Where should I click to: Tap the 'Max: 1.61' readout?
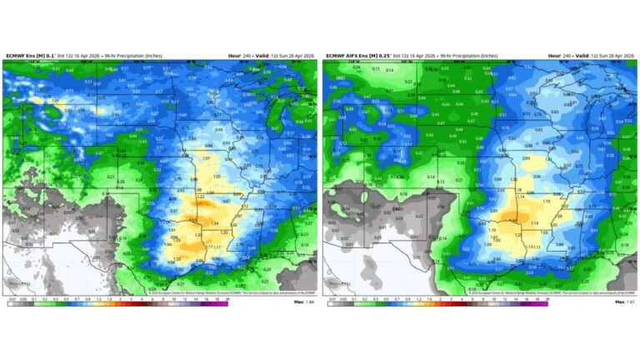(624, 302)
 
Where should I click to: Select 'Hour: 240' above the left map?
(239, 56)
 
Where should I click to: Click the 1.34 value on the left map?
(214, 223)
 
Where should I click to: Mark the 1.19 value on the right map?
(534, 222)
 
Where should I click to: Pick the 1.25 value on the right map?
(517, 235)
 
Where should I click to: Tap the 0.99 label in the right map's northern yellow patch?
(526, 157)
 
